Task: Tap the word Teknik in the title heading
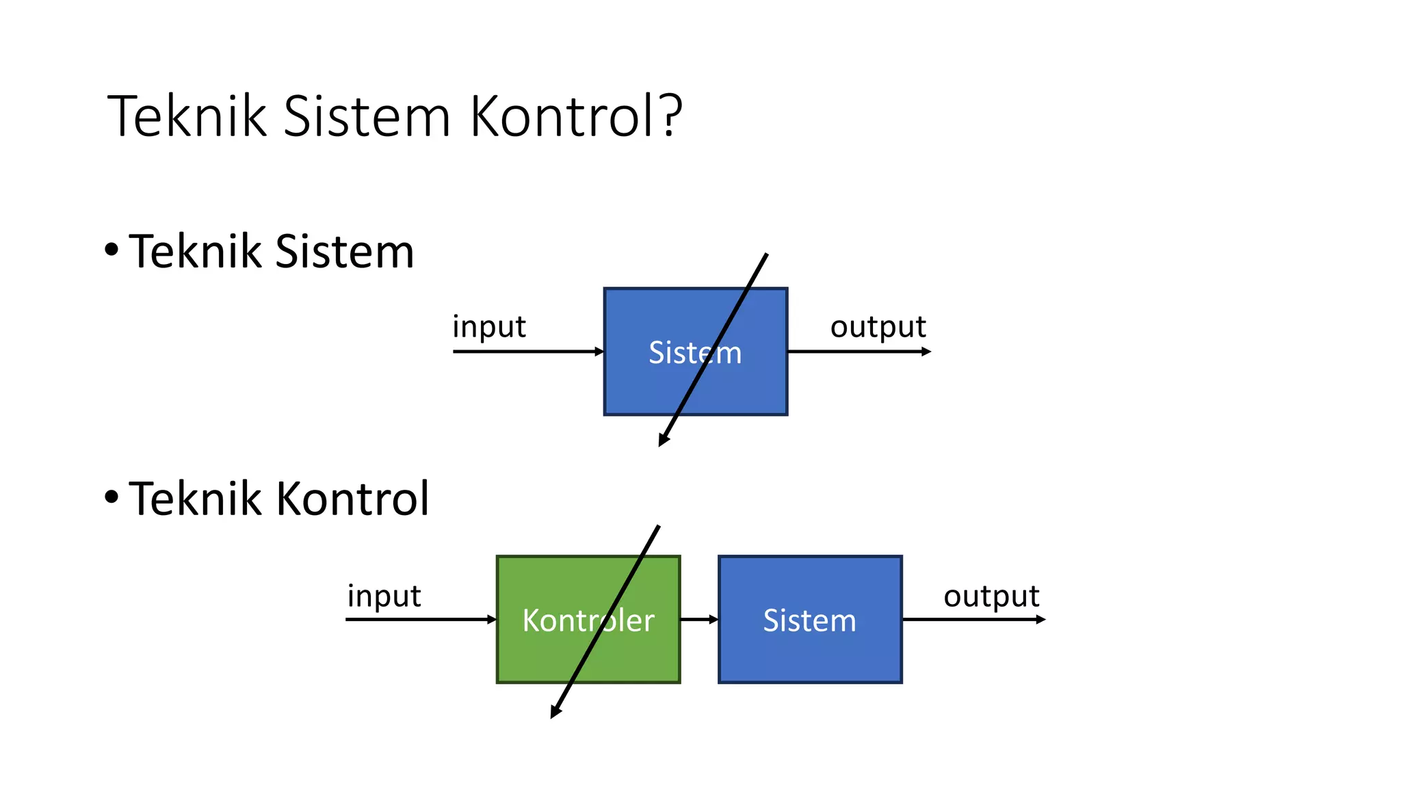[x=187, y=116]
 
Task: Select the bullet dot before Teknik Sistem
[x=112, y=250]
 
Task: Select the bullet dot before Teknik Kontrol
[x=112, y=497]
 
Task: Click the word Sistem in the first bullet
[x=344, y=252]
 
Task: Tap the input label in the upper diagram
[x=488, y=327]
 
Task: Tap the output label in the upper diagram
[x=878, y=327]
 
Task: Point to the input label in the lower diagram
[x=384, y=596]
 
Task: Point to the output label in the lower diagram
[x=991, y=596]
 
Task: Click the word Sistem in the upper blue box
[x=694, y=353]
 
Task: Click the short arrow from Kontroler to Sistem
[x=698, y=619]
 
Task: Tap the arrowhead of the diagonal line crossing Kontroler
[x=555, y=713]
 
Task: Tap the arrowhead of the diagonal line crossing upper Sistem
[x=663, y=441]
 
